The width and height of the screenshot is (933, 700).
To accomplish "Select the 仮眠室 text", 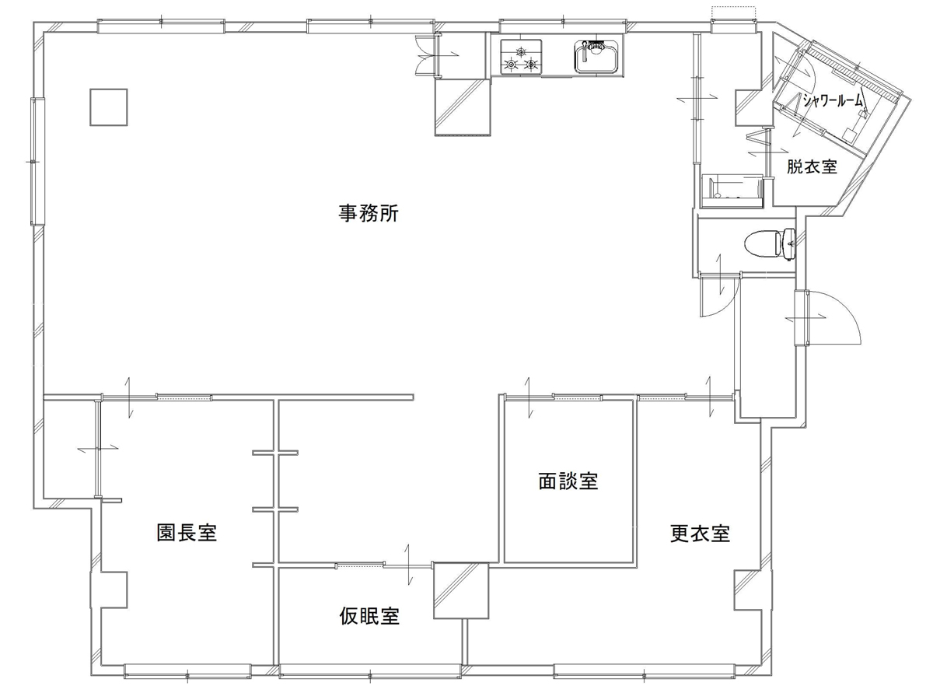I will [x=369, y=617].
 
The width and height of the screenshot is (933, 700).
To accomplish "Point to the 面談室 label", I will [x=568, y=481].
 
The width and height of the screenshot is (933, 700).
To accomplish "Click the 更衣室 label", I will [x=700, y=534].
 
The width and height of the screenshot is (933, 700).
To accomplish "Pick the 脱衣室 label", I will [x=811, y=166].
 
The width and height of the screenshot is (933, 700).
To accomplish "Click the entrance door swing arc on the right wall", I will [x=836, y=319].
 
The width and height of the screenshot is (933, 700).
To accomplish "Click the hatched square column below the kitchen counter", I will [x=463, y=107].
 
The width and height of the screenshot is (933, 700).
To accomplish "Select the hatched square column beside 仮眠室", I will [x=460, y=591].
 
